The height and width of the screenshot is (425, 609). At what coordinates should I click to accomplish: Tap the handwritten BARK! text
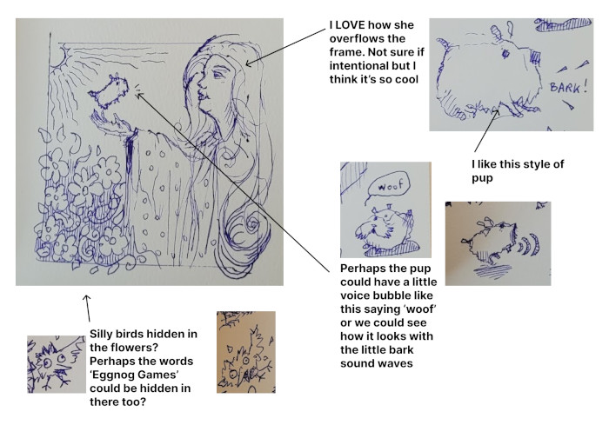(568, 87)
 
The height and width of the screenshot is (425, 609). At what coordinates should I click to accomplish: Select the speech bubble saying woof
(388, 186)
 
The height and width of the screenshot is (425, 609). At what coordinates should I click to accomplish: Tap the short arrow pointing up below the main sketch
(88, 309)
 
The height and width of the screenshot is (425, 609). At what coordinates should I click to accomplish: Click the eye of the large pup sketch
(505, 53)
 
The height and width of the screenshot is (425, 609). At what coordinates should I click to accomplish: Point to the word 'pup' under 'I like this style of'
(482, 178)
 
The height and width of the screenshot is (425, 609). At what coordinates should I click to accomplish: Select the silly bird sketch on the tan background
(246, 352)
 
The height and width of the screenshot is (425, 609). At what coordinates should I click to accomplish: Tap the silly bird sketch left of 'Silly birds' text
(57, 364)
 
